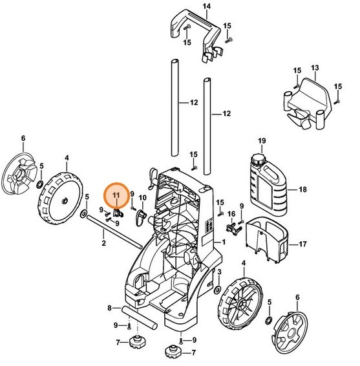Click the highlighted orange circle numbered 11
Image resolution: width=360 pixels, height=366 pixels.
116,195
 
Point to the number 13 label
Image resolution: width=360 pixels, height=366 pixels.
315,68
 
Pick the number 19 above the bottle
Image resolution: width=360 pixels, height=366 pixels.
262,140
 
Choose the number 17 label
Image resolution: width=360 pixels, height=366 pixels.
301,244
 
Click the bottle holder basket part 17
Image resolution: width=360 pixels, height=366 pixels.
266,238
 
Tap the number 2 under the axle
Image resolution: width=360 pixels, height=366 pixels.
103,243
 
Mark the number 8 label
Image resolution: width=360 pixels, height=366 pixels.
110,308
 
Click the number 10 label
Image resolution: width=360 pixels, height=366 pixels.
143,197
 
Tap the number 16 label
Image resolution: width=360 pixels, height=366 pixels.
231,214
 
